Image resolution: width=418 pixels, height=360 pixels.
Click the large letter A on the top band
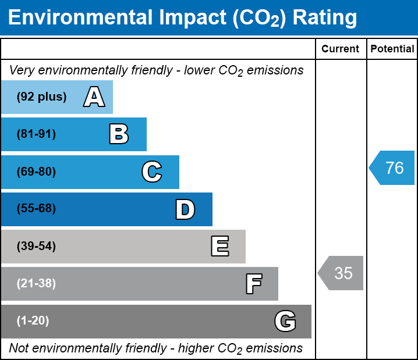point(94,97)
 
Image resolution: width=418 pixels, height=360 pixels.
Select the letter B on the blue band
point(119,134)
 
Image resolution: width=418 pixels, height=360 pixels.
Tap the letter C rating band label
point(151,172)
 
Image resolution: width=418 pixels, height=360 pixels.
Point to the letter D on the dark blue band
point(185,209)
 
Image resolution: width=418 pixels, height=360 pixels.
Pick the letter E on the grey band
point(219,247)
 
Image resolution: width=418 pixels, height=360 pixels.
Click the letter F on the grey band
point(253,284)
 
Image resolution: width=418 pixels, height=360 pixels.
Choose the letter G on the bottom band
point(285,321)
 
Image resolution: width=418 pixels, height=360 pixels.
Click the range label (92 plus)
point(41,97)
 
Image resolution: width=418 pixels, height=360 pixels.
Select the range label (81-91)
point(36,134)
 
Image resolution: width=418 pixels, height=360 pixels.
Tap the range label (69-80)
point(36,172)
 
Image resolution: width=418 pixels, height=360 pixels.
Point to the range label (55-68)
point(36,209)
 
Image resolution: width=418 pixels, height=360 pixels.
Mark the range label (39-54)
point(36,247)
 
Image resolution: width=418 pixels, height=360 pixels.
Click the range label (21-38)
point(36,284)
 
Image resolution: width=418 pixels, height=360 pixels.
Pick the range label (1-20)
point(33,321)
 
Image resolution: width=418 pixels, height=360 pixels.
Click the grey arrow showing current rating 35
point(341,273)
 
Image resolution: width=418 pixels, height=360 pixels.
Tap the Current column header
point(341,49)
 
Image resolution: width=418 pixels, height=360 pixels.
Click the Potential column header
point(392,49)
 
